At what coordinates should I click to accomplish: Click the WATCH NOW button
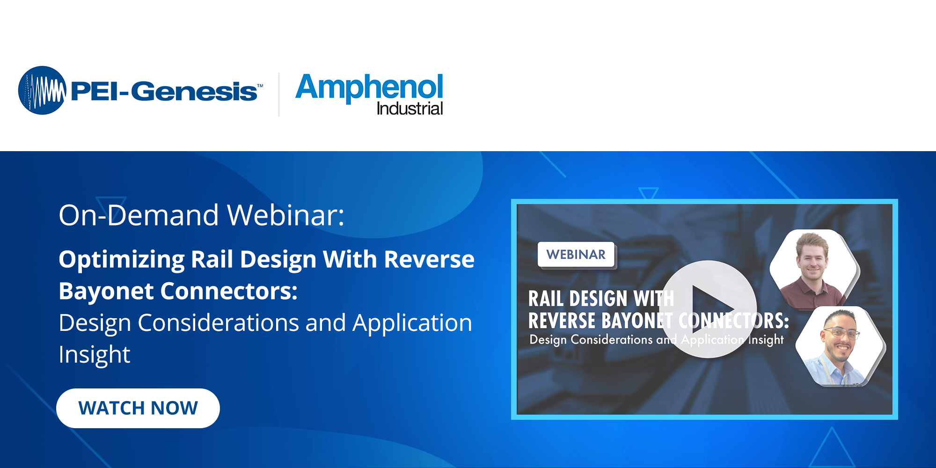pos(138,408)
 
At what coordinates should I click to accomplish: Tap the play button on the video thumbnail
pos(708,309)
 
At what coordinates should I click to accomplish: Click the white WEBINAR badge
pos(576,255)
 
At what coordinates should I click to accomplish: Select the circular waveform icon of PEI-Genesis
pos(42,90)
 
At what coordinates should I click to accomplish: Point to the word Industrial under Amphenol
pos(409,109)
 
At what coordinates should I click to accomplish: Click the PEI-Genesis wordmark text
pos(164,91)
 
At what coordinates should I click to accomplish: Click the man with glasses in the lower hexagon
pos(840,346)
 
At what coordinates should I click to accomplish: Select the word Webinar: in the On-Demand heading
pos(286,215)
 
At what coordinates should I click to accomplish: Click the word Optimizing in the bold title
pos(122,260)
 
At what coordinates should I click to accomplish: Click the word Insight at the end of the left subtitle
pos(95,355)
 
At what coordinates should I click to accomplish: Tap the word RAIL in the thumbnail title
pos(546,299)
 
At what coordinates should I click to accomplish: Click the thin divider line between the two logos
pos(279,94)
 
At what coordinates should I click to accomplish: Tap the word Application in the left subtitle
pos(412,323)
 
